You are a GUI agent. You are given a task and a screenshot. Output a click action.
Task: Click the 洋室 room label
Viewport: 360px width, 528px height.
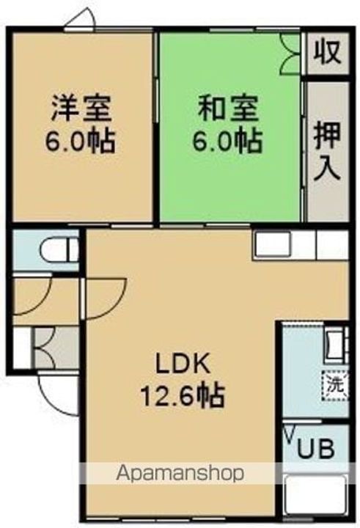click(x=81, y=109)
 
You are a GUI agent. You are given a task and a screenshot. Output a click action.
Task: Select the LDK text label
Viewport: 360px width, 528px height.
click(x=182, y=364)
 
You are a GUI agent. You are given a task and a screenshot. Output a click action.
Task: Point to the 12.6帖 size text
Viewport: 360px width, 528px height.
click(x=182, y=397)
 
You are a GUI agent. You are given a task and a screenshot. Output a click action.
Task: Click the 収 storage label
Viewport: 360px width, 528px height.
click(x=327, y=53)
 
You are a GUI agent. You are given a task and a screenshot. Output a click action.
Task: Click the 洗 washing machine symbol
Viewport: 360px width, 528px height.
click(x=334, y=383)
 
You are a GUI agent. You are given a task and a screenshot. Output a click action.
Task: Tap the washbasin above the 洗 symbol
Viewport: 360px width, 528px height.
click(x=334, y=343)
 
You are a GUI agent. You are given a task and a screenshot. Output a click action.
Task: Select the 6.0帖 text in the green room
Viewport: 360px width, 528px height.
click(x=228, y=140)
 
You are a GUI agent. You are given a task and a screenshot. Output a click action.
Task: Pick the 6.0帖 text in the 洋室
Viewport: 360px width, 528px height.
click(x=81, y=140)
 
